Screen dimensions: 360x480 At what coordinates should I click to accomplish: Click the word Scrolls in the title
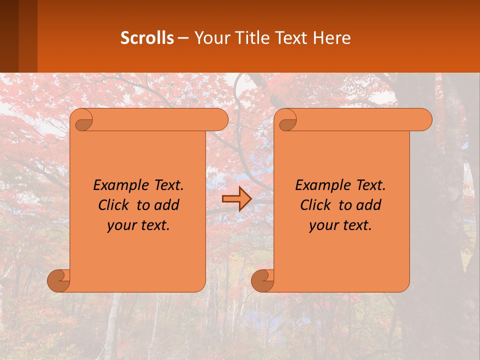click(147, 38)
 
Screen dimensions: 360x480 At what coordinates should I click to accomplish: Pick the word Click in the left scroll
click(113, 205)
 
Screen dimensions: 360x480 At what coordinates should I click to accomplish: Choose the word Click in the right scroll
click(315, 205)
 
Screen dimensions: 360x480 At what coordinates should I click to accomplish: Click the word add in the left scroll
click(167, 205)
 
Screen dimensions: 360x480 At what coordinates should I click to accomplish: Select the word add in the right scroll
click(369, 205)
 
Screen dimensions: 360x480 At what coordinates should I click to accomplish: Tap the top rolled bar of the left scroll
click(160, 119)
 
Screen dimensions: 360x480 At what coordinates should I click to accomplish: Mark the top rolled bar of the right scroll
click(364, 119)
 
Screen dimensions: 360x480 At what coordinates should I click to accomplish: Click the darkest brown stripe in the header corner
click(9, 36)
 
